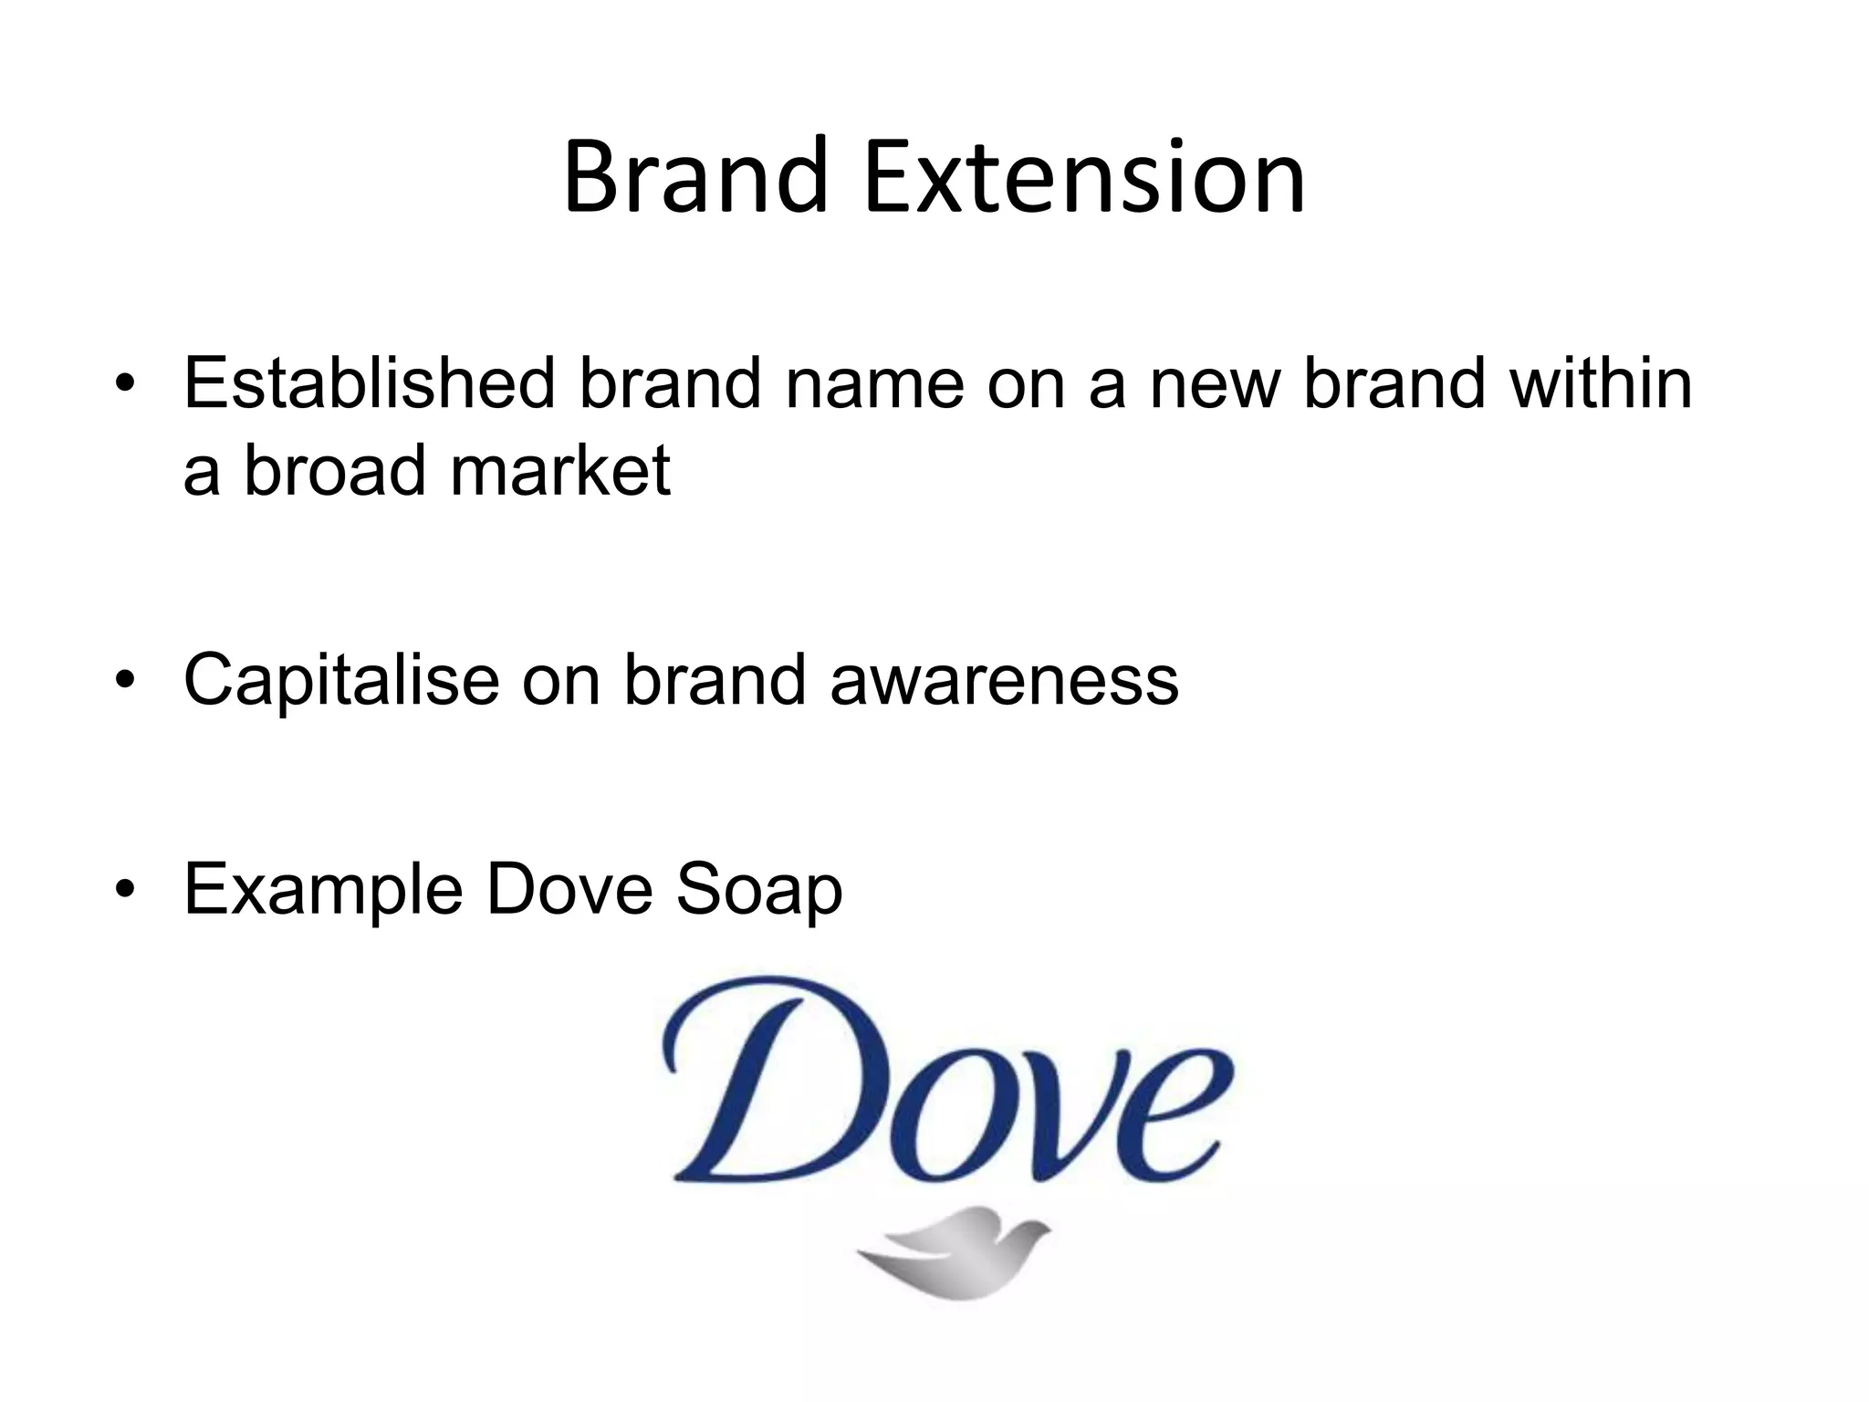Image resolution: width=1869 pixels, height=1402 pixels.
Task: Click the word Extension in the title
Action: pos(1084,177)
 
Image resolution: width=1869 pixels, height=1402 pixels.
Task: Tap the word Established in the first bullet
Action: pos(370,383)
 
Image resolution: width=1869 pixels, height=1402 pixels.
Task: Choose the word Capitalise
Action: pos(341,681)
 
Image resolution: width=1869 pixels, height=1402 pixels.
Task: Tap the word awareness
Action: pos(1004,681)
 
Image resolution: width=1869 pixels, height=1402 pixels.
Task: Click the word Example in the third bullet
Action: pos(323,890)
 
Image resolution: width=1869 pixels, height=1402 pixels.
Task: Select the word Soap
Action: pos(758,890)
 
